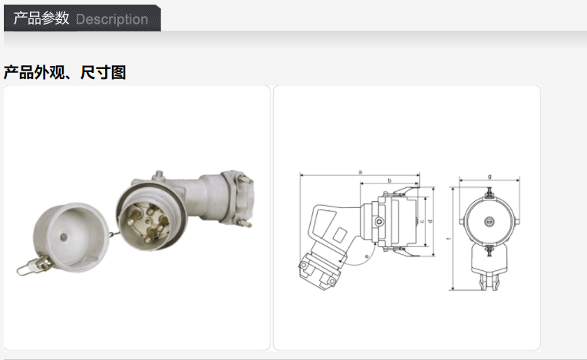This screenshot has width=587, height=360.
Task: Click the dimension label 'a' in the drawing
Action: point(360,172)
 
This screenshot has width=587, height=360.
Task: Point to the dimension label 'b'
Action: point(389,180)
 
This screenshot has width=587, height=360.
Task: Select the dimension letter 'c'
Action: point(422,221)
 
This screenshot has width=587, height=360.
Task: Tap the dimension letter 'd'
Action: point(430,221)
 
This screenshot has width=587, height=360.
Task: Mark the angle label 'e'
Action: point(367,256)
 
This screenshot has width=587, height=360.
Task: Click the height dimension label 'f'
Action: point(448,239)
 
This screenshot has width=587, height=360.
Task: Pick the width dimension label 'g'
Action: point(490,177)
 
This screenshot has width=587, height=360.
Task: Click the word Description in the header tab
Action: point(111,19)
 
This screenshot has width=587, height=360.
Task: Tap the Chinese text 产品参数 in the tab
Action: point(41,18)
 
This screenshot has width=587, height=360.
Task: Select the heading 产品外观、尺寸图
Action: point(64,72)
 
